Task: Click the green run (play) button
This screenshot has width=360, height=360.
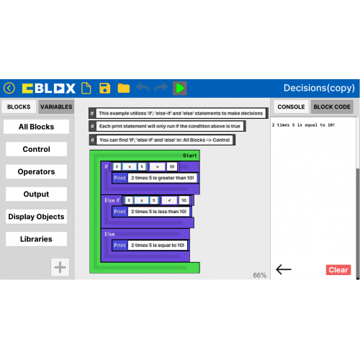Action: (x=180, y=88)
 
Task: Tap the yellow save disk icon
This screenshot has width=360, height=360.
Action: (x=105, y=88)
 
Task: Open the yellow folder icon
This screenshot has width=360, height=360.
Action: (x=124, y=88)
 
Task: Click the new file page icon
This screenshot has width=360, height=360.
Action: (x=86, y=88)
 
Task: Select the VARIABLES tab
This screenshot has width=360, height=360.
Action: (x=56, y=107)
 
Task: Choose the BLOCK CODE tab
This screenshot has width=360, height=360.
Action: (x=332, y=107)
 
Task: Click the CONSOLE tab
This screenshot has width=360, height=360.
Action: (x=291, y=107)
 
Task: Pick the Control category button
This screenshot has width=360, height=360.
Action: (x=36, y=149)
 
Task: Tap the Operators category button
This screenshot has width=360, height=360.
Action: (x=36, y=171)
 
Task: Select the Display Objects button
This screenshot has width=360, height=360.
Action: (x=36, y=217)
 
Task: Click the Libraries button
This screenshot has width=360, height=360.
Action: (x=36, y=239)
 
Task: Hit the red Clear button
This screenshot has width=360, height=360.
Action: (x=338, y=270)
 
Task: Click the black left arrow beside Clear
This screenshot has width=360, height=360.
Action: (x=284, y=269)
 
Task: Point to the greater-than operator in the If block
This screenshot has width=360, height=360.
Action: (x=157, y=166)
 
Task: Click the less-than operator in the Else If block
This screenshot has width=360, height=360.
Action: (x=169, y=200)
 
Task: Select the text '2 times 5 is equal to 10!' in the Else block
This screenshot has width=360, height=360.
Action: (x=158, y=246)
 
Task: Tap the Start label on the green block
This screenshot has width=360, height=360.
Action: (x=189, y=156)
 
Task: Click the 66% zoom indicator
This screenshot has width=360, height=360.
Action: (x=260, y=275)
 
